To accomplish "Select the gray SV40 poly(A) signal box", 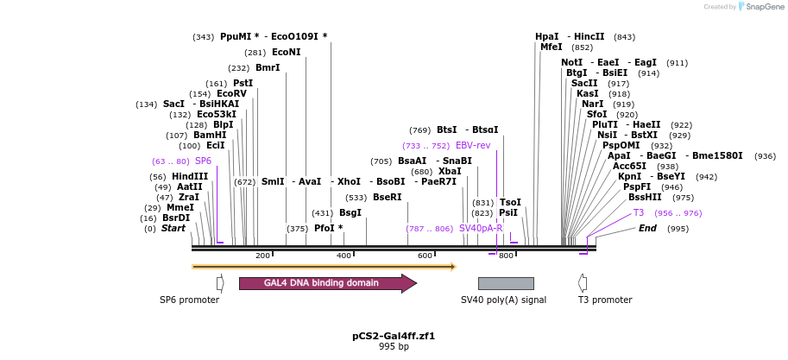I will click(x=506, y=283).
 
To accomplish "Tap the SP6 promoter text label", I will click(x=189, y=300).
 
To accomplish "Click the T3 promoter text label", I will click(x=605, y=300).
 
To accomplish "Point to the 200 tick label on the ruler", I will click(x=262, y=256).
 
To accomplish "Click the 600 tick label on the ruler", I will click(x=425, y=256).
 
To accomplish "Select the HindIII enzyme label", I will click(x=190, y=176).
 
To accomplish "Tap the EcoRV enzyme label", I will click(x=231, y=93).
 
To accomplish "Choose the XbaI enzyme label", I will click(x=450, y=172).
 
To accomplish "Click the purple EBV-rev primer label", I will click(x=473, y=145).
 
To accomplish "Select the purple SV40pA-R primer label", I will click(x=481, y=228).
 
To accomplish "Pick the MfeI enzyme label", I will click(x=551, y=47).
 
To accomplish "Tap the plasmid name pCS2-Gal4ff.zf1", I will click(x=394, y=335).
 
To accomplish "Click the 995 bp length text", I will click(x=394, y=346).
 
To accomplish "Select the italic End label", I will click(x=647, y=228).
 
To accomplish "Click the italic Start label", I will click(x=173, y=228).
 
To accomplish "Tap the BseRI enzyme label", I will click(x=388, y=197).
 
